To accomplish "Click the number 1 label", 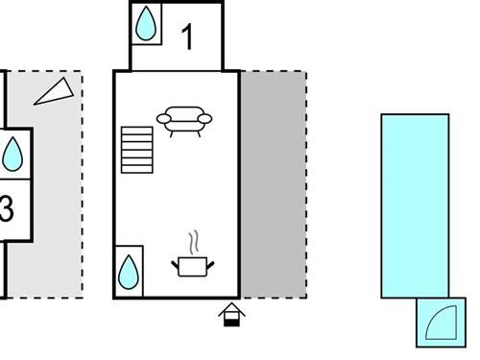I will [188, 37].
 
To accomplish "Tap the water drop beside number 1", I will [146, 24].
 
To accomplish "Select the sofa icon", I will [184, 119].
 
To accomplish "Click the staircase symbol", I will [137, 151].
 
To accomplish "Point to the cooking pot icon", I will [192, 265].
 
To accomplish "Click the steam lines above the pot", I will [195, 239].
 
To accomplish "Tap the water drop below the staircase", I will [129, 273].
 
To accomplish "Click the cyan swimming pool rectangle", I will [415, 206].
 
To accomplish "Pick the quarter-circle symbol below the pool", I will [439, 322].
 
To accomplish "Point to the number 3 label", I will [6, 209].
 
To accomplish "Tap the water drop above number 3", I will [12, 154].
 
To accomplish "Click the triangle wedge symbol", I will [56, 90].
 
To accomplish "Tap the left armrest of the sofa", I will [162, 120].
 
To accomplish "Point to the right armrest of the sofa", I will [206, 120].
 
